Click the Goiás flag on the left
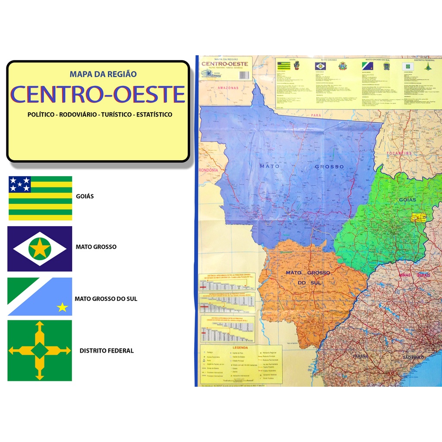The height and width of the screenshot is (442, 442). click(40, 198)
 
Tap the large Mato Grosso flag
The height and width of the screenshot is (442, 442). click(40, 249)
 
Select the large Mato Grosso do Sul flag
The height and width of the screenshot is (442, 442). click(40, 297)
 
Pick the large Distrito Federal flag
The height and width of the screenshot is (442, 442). click(40, 350)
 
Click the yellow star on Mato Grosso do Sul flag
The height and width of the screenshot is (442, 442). click(63, 307)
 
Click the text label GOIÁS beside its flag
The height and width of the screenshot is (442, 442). click(85, 196)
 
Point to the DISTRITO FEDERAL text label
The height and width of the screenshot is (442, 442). click(107, 351)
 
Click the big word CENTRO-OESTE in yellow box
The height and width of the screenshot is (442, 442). click(98, 95)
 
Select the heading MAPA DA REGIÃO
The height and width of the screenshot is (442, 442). click(103, 74)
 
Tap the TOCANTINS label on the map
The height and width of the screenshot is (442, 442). click(399, 154)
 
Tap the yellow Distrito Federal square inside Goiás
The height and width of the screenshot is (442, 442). click(418, 217)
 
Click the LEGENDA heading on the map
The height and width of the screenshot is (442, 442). click(240, 347)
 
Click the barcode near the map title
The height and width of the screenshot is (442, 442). click(245, 75)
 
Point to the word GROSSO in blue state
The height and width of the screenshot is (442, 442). click(329, 167)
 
